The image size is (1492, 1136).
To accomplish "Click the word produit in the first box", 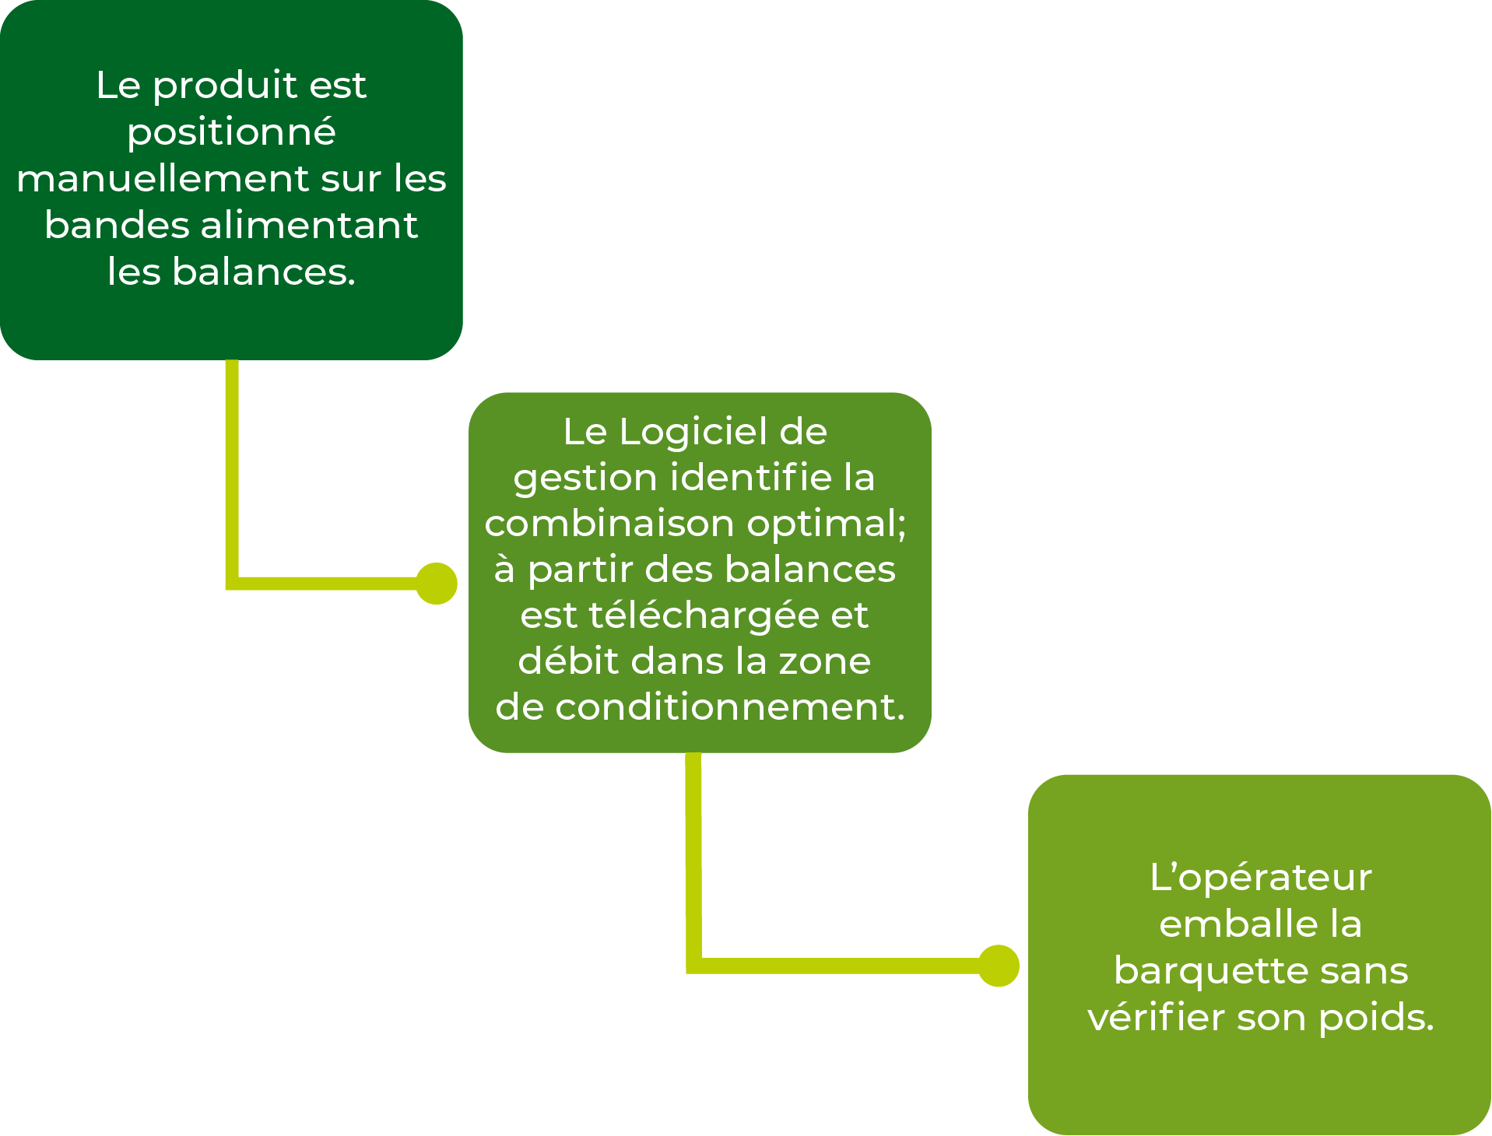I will coord(226,86).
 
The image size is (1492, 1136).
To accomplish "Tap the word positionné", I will coord(231,132).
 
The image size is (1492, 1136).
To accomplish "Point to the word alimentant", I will coord(310,226).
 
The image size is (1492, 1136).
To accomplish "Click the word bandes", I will coord(117,226).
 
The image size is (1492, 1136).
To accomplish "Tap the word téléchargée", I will coord(704,615).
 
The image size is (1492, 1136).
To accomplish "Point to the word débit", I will coord(568,661).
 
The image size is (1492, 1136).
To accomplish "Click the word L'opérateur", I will coord(1260,878).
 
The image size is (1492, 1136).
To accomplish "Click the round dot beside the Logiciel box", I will coord(436,584).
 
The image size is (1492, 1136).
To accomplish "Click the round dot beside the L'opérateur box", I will coord(999,966).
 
